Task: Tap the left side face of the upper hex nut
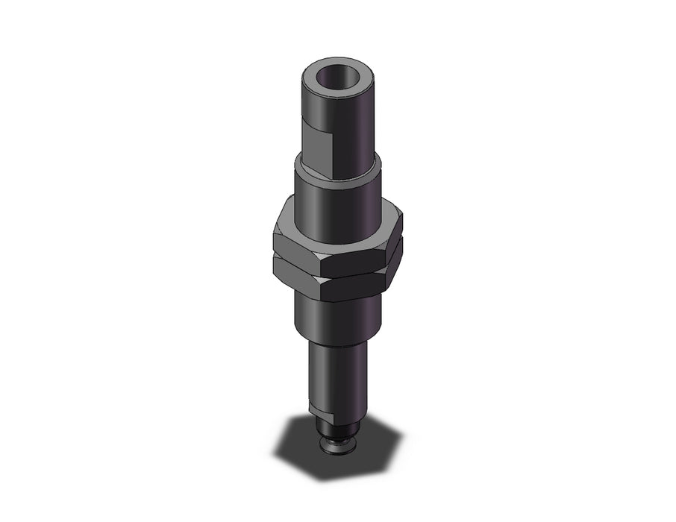[x=295, y=246]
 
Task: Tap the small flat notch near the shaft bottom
[x=317, y=409]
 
